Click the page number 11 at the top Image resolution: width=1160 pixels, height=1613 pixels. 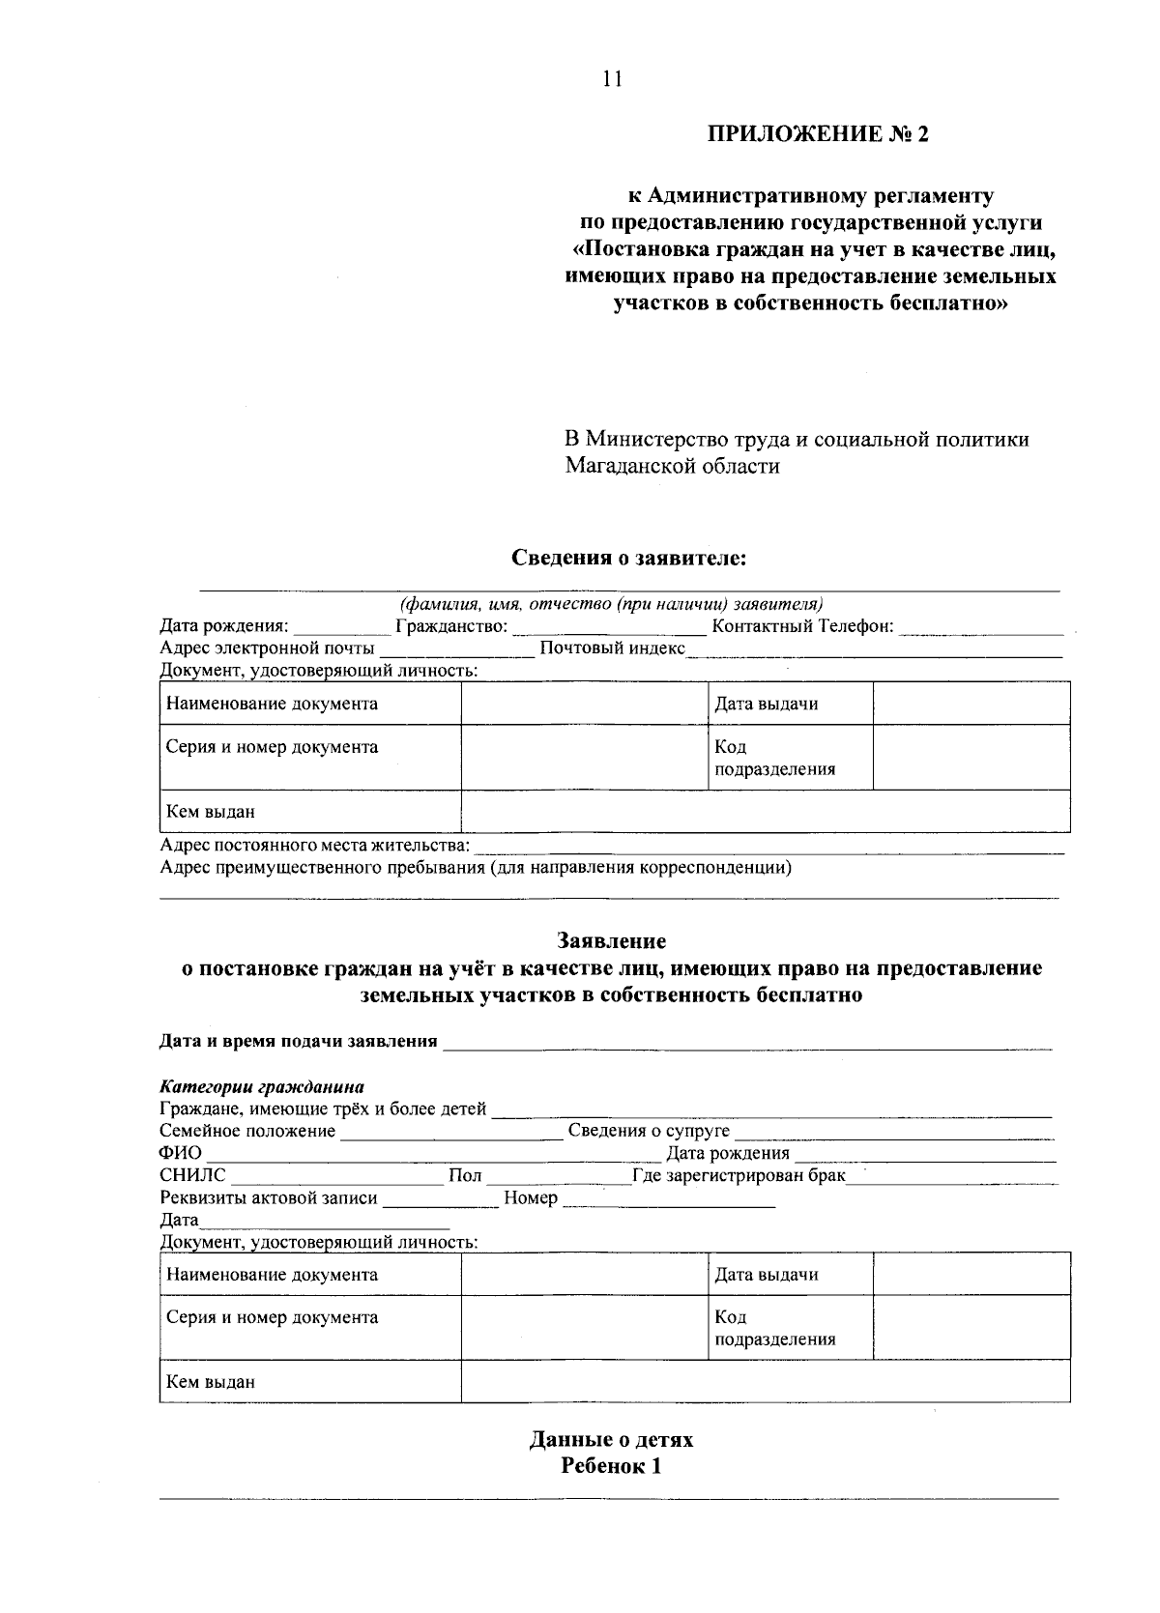click(x=611, y=79)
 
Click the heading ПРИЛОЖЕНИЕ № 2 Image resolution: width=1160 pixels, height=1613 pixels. click(x=818, y=133)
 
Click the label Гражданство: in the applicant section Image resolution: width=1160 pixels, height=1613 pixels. click(x=451, y=626)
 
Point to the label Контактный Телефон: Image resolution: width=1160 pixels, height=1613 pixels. click(x=801, y=626)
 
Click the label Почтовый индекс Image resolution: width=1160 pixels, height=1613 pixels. click(x=611, y=648)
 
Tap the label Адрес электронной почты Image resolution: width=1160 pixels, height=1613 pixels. click(x=267, y=648)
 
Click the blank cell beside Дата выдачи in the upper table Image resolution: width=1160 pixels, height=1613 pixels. click(x=971, y=703)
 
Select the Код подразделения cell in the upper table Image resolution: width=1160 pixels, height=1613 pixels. click(x=773, y=758)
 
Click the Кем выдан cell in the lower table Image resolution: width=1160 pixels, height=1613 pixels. click(x=211, y=1381)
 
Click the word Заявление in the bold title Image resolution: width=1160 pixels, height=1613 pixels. click(x=611, y=940)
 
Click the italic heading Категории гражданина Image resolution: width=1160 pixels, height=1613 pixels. click(x=261, y=1086)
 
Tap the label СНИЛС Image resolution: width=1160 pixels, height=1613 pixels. click(x=192, y=1175)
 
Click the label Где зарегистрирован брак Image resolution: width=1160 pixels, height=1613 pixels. click(x=738, y=1175)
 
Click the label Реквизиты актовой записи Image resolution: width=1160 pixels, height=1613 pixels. click(x=268, y=1198)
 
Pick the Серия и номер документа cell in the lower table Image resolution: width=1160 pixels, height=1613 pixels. click(x=272, y=1317)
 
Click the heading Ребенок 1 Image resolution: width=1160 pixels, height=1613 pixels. click(x=611, y=1466)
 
